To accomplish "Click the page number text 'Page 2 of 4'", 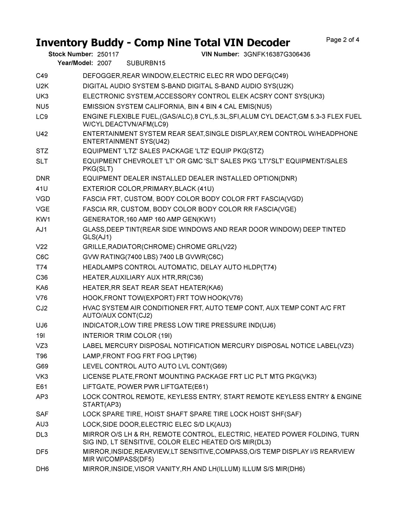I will [x=343, y=40].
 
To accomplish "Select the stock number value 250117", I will [x=108, y=54].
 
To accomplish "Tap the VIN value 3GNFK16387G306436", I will [x=277, y=54].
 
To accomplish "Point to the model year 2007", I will [x=104, y=63].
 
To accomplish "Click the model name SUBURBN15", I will [x=146, y=63].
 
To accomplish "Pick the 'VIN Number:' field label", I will [x=220, y=54].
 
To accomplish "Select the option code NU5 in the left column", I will [x=42, y=107].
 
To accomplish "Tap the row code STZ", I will [x=42, y=151].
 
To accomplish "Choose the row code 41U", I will [x=42, y=189].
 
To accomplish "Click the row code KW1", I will [x=43, y=220].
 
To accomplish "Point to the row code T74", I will [x=41, y=267].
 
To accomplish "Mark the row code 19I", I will [x=40, y=336].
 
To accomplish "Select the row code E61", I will [x=41, y=387].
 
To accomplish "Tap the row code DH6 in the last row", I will [x=42, y=469].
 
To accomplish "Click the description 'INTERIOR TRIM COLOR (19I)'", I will [x=127, y=336].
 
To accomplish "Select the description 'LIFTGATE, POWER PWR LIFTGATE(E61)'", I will [x=145, y=387].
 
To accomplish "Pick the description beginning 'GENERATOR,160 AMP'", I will [x=149, y=220].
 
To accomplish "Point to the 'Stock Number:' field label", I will [x=71, y=54].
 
